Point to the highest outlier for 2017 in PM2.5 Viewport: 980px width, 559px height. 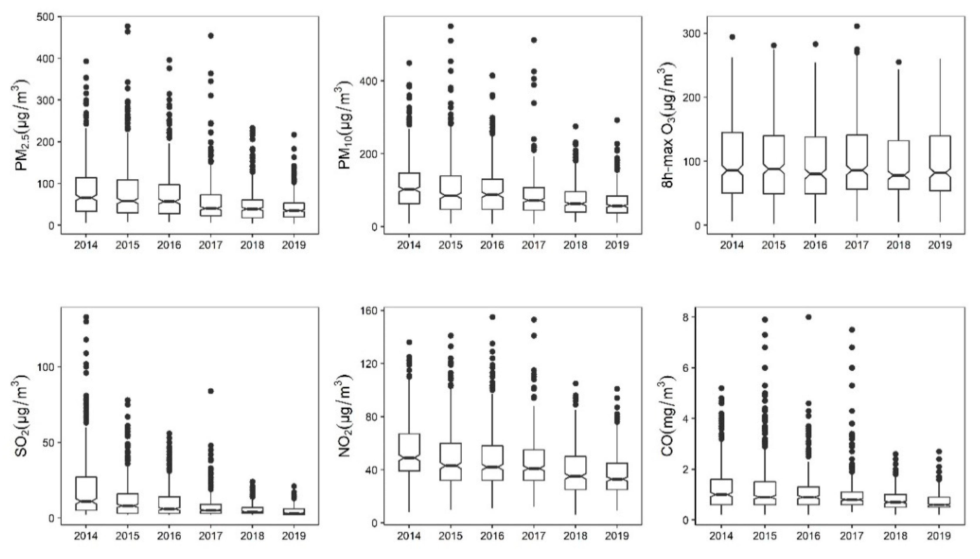point(210,36)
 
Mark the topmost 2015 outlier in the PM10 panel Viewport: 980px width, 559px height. point(451,26)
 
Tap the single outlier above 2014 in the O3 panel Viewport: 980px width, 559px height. point(732,37)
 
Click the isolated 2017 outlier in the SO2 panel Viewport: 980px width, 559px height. point(210,391)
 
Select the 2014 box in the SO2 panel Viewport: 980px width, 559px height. point(86,493)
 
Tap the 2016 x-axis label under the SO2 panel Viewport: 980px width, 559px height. point(169,536)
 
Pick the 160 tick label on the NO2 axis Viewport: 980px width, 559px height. point(368,310)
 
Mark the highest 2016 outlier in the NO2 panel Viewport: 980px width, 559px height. point(492,317)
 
